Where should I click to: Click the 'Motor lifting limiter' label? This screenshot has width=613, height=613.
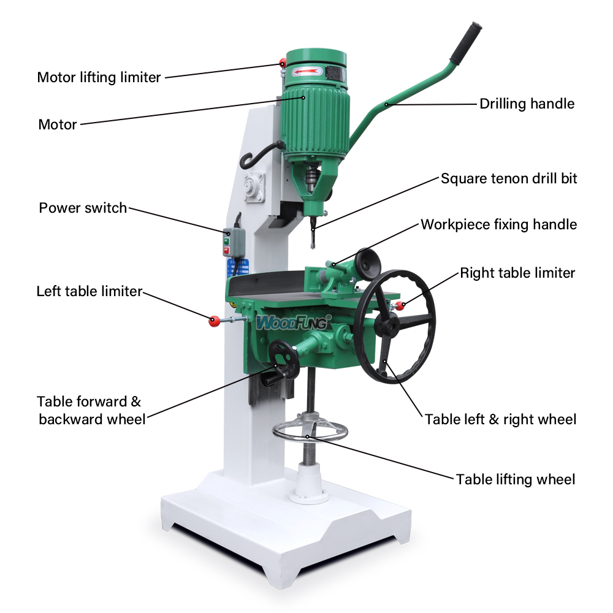click(x=99, y=77)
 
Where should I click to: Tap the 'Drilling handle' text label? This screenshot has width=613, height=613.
click(x=527, y=104)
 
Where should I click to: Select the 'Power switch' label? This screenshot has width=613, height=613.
click(x=83, y=208)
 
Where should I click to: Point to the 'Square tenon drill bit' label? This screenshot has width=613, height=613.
click(x=509, y=178)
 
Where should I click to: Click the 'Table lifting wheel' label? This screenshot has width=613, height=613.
click(x=516, y=479)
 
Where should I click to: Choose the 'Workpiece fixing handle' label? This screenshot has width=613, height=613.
click(x=498, y=224)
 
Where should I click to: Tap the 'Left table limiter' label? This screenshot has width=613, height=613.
click(x=89, y=291)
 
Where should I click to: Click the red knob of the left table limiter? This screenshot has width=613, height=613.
click(x=214, y=321)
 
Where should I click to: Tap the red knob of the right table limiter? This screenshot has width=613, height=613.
click(x=400, y=306)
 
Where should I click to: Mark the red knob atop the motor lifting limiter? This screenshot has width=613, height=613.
click(x=283, y=63)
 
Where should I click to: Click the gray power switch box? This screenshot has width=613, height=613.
click(x=234, y=242)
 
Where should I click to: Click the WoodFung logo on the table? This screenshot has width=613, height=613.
click(x=293, y=322)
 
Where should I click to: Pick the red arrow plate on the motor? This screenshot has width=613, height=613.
click(x=308, y=72)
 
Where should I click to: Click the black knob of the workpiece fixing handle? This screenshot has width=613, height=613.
click(x=368, y=261)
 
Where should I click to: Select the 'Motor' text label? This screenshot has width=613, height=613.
click(x=58, y=124)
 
